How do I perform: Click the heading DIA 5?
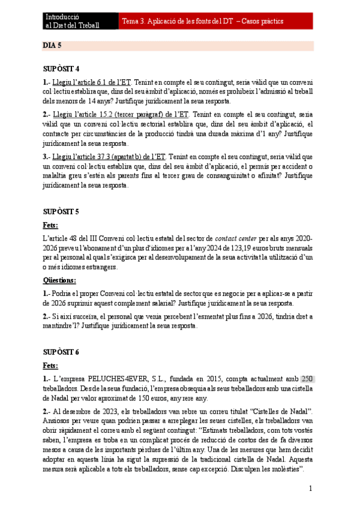pyautogui.click(x=52, y=46)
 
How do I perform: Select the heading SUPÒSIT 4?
pyautogui.click(x=61, y=68)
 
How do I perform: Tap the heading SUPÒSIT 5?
pyautogui.click(x=61, y=212)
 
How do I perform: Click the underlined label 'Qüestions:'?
pyautogui.click(x=59, y=280)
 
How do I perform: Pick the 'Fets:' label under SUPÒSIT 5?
pyautogui.click(x=50, y=225)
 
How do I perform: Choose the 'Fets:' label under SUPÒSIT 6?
pyautogui.click(x=50, y=365)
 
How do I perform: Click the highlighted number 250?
pyautogui.click(x=307, y=379)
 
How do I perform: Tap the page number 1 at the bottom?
pyautogui.click(x=311, y=489)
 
